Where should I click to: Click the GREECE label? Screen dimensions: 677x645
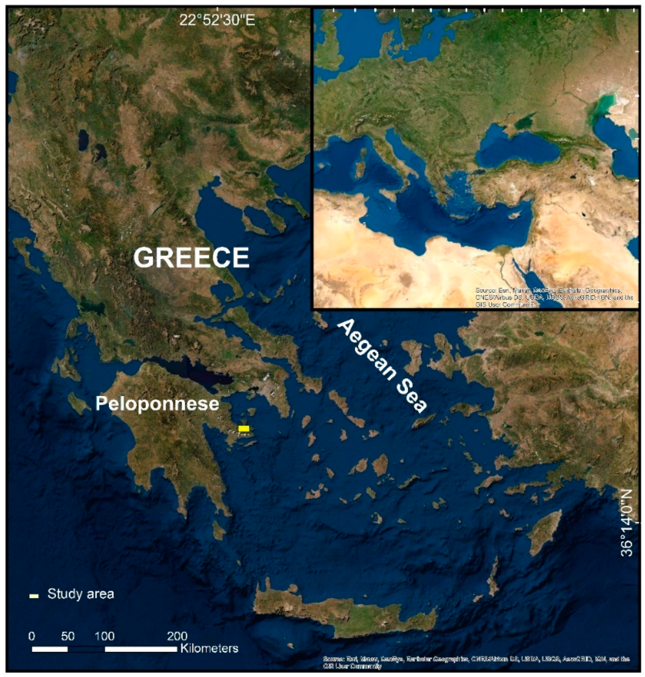(191, 257)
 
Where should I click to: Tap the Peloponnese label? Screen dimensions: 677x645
(157, 404)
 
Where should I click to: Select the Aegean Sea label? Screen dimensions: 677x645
(383, 366)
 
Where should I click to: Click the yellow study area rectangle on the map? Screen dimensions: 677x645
(244, 429)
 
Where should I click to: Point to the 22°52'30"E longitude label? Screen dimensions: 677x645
(217, 21)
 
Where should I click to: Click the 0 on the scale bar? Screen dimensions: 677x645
(32, 636)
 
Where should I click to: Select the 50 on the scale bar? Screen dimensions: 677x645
(68, 636)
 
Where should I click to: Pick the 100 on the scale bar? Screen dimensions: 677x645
(105, 636)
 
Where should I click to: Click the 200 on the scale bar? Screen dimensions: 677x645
(177, 636)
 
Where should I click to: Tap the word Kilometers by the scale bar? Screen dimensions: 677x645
(209, 648)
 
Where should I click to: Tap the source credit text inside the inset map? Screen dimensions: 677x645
(554, 297)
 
